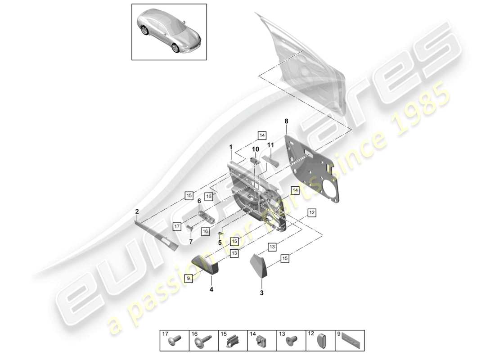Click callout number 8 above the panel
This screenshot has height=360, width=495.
(x=286, y=121)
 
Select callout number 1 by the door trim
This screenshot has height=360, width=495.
(x=230, y=147)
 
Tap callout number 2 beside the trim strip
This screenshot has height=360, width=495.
(x=137, y=211)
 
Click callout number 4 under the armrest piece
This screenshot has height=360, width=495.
(x=211, y=289)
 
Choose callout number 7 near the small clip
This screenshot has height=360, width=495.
(x=190, y=242)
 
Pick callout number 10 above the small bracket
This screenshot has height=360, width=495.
(x=255, y=149)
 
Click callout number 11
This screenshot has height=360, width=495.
(x=270, y=145)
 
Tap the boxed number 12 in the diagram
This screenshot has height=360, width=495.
(x=312, y=212)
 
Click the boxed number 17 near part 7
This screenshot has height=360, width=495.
(x=177, y=226)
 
